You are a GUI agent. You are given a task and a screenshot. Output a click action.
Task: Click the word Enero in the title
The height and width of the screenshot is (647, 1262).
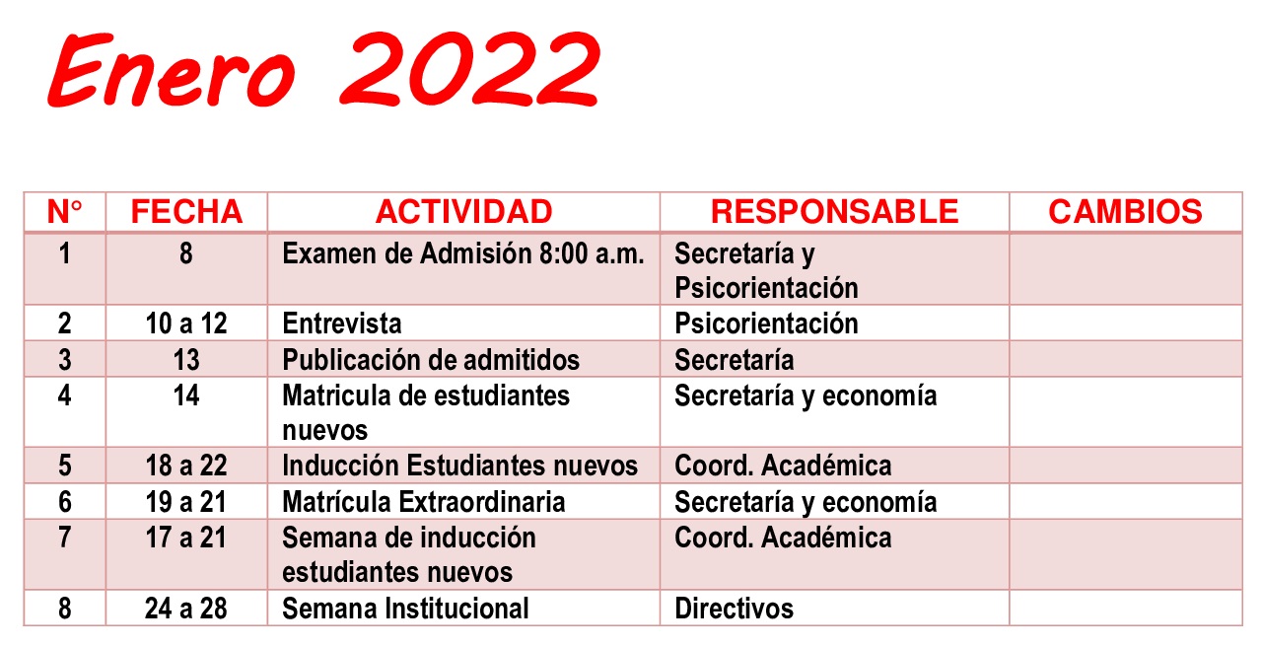click(172, 70)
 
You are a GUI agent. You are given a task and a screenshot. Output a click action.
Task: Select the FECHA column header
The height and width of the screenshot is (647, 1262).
click(186, 212)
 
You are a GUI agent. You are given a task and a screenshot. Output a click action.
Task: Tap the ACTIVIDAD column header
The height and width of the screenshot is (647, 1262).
click(463, 212)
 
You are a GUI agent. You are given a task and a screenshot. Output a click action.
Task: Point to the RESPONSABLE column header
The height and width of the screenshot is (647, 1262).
click(834, 212)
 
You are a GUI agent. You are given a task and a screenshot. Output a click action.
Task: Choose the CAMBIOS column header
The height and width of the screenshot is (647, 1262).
click(1125, 212)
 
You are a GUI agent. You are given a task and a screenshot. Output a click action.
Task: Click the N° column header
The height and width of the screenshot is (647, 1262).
click(65, 212)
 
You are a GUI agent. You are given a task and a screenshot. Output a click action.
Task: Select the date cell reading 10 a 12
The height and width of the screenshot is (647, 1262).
click(186, 323)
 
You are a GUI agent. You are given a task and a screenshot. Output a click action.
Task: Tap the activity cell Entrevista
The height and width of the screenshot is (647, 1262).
click(342, 323)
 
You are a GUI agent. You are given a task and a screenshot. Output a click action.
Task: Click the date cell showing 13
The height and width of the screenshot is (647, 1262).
click(186, 360)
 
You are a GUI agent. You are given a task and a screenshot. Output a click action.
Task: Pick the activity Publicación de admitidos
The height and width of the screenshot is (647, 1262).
click(431, 360)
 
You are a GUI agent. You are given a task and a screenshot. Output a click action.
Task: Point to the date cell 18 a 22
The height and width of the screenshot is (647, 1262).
click(186, 466)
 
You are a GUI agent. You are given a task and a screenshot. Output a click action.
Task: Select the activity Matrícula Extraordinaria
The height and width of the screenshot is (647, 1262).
click(424, 502)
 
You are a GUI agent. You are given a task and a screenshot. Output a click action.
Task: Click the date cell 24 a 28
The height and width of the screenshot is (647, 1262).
click(186, 609)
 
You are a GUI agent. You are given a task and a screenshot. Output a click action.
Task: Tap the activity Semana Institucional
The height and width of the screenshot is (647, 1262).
click(405, 609)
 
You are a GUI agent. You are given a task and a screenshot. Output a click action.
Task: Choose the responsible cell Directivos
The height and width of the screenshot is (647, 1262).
click(735, 609)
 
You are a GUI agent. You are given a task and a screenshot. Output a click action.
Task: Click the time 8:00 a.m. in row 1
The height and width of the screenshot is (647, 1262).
click(592, 253)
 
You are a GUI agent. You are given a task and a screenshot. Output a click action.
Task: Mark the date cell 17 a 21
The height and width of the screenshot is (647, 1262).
click(186, 538)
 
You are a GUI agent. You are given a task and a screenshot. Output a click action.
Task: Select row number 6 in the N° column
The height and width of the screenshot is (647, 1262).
click(65, 502)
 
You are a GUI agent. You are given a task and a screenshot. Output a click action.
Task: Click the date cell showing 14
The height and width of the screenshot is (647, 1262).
click(186, 395)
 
